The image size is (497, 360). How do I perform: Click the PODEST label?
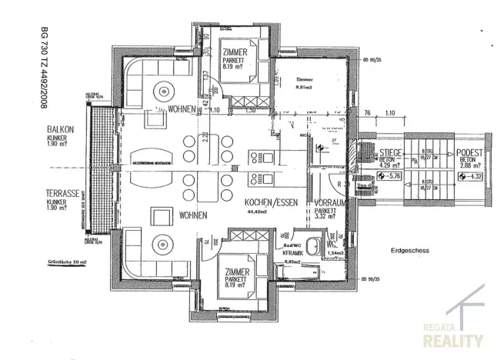click(x=468, y=153)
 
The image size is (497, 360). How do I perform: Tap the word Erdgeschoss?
click(x=413, y=250)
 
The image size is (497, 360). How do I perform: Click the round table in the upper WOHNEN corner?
click(x=164, y=88)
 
